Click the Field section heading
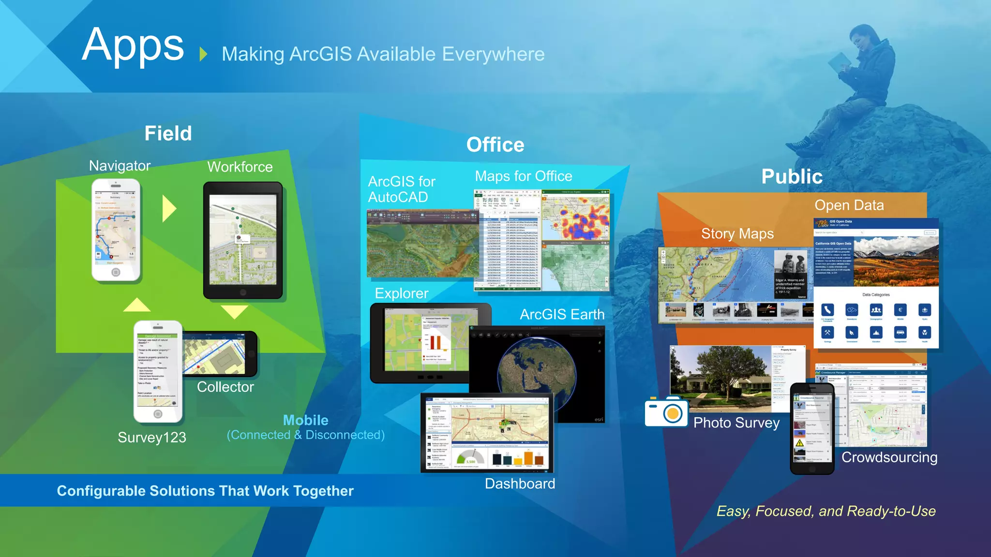click(168, 133)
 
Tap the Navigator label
click(120, 166)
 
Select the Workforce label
click(240, 167)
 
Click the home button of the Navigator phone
click(116, 272)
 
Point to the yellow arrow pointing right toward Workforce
click(169, 208)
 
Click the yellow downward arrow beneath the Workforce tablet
click(235, 311)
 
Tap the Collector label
click(225, 387)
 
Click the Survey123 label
click(152, 437)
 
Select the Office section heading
click(495, 145)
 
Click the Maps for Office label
click(524, 176)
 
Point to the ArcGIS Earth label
click(562, 314)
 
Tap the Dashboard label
click(520, 484)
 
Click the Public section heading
click(792, 176)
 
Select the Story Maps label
click(737, 234)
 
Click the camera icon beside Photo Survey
click(666, 411)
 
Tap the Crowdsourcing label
click(889, 457)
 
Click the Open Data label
click(849, 205)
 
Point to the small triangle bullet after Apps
click(203, 54)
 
